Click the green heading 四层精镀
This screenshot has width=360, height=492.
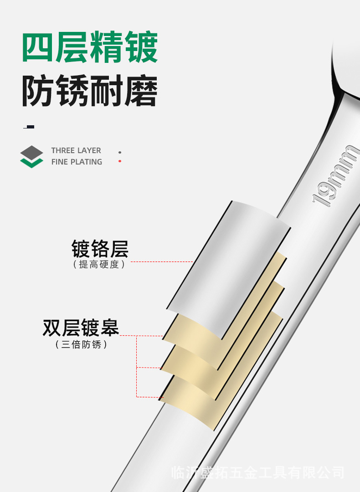90,48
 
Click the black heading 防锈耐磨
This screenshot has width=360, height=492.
90,92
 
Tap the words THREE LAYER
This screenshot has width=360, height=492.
76,150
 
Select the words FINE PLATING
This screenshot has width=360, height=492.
77,162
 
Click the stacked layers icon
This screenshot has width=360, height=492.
32,156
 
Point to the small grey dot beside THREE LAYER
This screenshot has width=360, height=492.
120,152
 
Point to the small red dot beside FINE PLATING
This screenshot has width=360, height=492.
120,161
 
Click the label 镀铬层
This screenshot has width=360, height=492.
100,249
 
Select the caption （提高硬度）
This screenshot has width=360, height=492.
99,265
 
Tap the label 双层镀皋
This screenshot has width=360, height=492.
81,328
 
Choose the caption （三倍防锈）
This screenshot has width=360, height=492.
81,344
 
